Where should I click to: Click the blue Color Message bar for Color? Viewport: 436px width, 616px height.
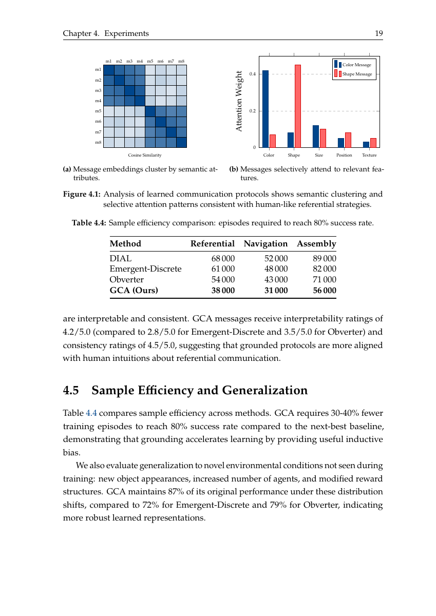tap(266, 109)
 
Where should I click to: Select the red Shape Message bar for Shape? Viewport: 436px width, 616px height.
tap(298, 106)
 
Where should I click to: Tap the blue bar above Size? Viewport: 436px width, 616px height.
tap(316, 136)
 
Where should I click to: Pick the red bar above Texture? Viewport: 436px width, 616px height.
tap(373, 143)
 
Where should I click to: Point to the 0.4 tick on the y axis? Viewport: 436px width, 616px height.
tap(252, 74)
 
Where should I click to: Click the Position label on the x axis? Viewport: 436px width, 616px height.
tap(344, 155)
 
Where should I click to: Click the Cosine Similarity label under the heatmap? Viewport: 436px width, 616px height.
tap(145, 155)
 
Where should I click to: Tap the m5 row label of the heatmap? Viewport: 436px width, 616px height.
tap(98, 111)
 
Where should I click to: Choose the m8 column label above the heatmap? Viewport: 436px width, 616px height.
tap(181, 61)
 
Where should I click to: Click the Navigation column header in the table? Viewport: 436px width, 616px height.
tap(266, 244)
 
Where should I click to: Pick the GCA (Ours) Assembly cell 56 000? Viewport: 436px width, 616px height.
tap(325, 291)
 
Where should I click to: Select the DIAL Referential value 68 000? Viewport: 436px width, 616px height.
tap(223, 258)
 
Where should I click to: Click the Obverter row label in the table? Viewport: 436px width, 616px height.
tap(126, 280)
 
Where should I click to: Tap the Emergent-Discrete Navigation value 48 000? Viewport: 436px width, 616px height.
tap(276, 269)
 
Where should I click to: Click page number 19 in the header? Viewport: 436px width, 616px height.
tap(379, 33)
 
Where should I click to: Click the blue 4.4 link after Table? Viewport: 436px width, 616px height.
tap(90, 413)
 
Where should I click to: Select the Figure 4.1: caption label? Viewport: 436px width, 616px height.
tap(82, 195)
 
